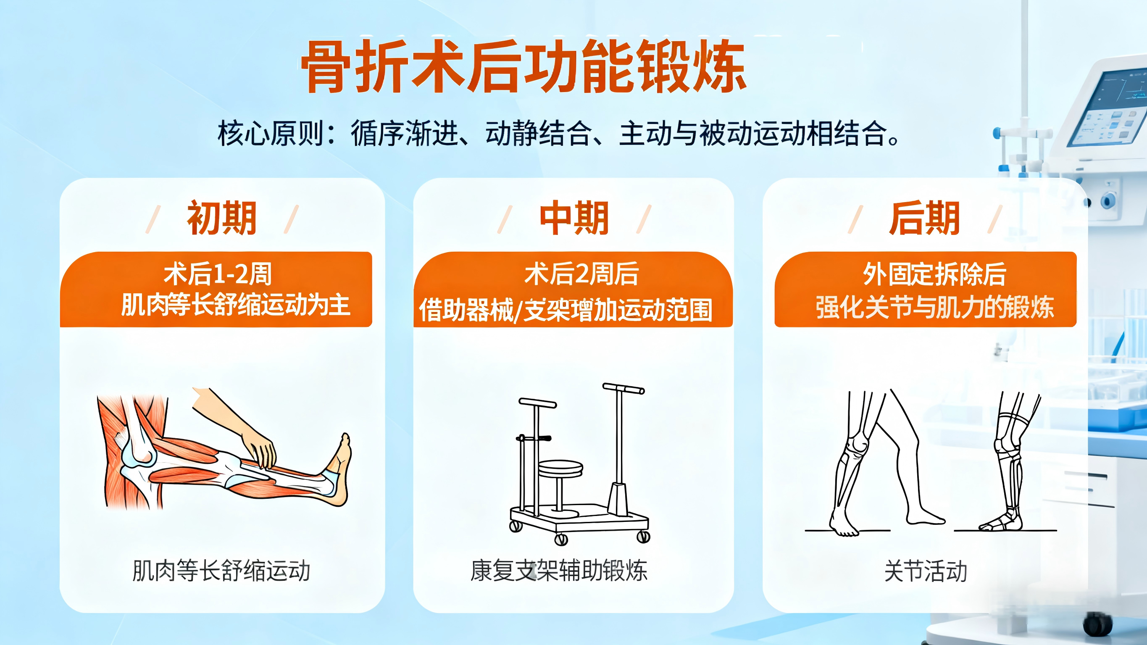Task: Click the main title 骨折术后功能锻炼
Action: click(524, 67)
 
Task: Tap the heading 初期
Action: click(222, 218)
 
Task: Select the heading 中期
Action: click(574, 218)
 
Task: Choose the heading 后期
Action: click(924, 218)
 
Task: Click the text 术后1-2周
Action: click(218, 274)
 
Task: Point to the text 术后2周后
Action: click(581, 274)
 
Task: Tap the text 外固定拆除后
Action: click(934, 274)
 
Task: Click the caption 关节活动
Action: click(926, 571)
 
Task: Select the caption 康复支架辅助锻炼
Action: click(559, 571)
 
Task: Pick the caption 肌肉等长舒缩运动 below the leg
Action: click(221, 571)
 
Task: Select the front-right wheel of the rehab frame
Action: click(643, 537)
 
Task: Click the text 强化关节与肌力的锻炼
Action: click(934, 307)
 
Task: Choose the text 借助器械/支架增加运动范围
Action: click(566, 310)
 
